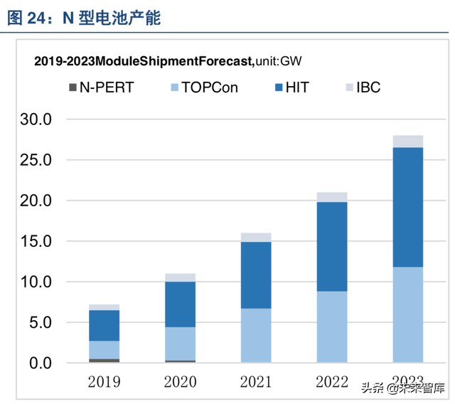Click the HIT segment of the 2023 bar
(x=407, y=207)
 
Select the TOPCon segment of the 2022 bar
(x=332, y=326)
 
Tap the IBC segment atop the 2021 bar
(x=256, y=237)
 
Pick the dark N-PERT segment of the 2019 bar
(x=104, y=360)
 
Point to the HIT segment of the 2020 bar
(x=180, y=304)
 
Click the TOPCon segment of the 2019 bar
(x=104, y=349)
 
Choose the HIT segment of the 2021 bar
(x=256, y=275)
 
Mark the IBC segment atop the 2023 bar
(x=407, y=141)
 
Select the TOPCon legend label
(x=210, y=87)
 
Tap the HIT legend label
(x=297, y=87)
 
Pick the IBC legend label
(x=368, y=87)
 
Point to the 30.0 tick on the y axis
(x=36, y=119)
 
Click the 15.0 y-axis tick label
(x=36, y=241)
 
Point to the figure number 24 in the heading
(x=36, y=18)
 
